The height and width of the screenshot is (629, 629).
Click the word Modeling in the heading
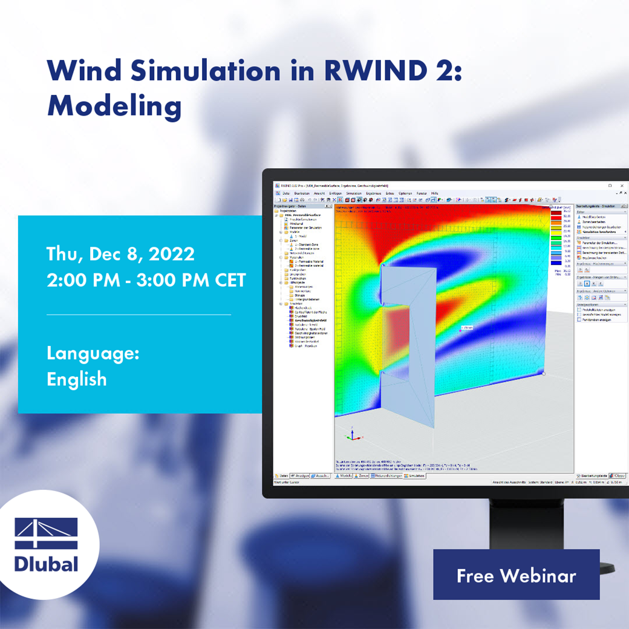114,106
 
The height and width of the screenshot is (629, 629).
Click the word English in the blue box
77,379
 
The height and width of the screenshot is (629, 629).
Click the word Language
93,353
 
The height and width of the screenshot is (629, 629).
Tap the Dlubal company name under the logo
47,564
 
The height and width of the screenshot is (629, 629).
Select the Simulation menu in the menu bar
354,193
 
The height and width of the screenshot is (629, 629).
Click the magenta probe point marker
460,330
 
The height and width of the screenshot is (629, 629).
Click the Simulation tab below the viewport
416,476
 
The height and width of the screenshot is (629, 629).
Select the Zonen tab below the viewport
363,476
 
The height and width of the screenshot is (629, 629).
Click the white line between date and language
139,314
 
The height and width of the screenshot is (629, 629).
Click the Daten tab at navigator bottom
282,476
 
